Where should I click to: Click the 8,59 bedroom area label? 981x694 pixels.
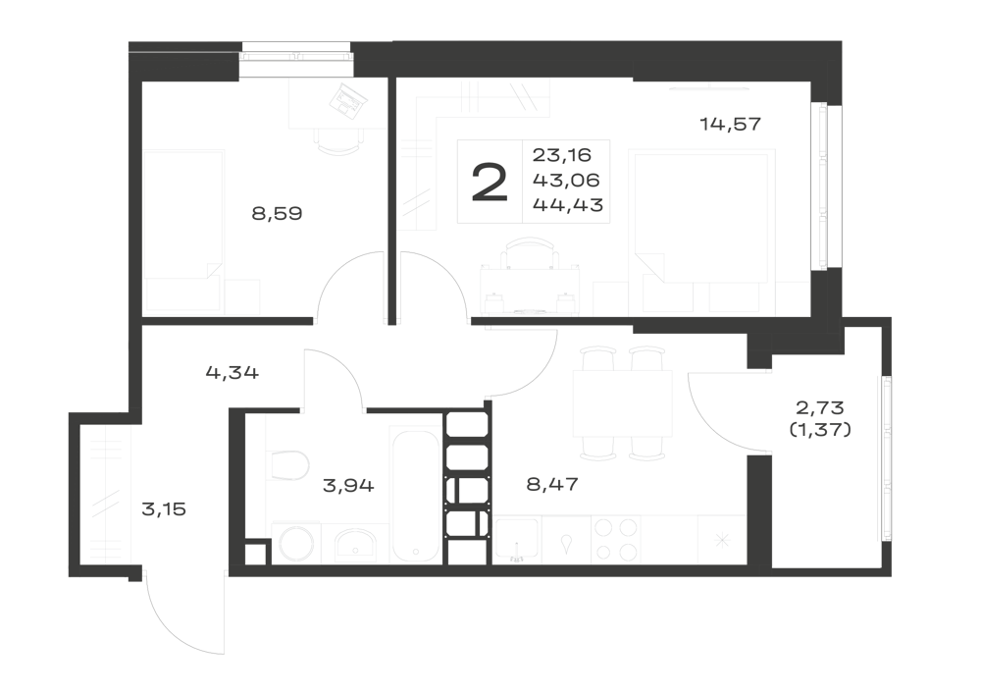[x=278, y=214]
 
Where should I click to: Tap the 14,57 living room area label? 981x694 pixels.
[x=730, y=125]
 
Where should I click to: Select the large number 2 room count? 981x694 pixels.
[x=490, y=182]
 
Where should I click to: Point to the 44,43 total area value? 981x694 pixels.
[x=567, y=204]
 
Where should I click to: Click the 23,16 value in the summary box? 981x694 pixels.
[x=562, y=154]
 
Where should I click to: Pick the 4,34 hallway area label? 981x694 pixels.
[x=232, y=374]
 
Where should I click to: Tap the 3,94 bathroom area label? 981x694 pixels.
[x=348, y=485]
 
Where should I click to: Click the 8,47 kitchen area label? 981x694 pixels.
[x=552, y=484]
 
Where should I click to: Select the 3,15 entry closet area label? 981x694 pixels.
[x=164, y=509]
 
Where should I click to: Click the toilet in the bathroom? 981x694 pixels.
[x=289, y=465]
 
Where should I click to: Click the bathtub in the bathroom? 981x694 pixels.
[x=414, y=495]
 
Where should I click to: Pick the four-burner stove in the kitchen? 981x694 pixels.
[x=616, y=540]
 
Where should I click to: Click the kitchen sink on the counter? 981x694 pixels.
[x=517, y=540]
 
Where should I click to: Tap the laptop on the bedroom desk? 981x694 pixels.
[x=349, y=100]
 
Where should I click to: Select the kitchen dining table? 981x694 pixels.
[x=623, y=403]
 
